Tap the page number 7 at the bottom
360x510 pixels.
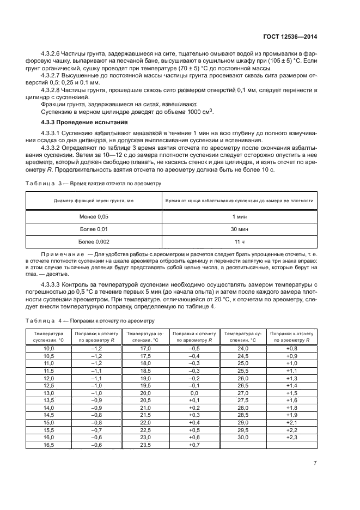coord(315,463)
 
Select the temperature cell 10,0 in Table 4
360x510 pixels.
coord(49,348)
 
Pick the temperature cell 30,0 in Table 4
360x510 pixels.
coord(243,436)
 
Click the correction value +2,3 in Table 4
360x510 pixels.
coord(292,436)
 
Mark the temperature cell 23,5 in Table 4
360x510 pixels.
coord(145,445)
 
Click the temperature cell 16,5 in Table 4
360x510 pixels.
coord(49,445)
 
